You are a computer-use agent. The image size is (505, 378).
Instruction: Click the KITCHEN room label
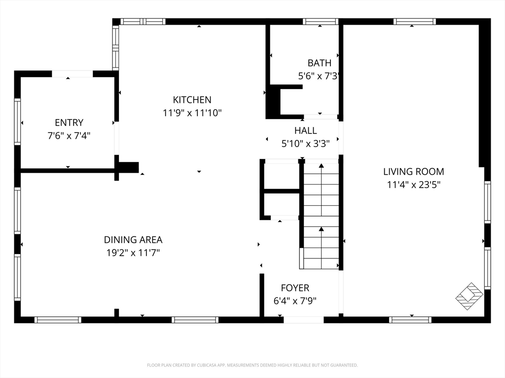192,99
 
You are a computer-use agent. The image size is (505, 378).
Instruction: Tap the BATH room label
320,63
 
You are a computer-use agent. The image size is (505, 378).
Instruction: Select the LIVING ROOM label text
414,172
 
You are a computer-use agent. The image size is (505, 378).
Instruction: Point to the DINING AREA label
133,240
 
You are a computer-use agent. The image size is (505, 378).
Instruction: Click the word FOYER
295,287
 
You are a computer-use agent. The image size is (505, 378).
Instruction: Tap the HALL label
305,130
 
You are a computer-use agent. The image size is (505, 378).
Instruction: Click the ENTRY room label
69,123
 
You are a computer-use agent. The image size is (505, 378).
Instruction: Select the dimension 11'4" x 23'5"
414,185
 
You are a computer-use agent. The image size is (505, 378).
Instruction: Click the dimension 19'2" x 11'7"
133,253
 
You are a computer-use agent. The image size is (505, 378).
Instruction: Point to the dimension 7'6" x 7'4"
69,136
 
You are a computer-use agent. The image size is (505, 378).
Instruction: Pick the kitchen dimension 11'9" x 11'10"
192,113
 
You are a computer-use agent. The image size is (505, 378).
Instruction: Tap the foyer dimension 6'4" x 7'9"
295,301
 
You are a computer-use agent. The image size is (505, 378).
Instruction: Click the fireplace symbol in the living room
469,296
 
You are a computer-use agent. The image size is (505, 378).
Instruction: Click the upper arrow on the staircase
322,189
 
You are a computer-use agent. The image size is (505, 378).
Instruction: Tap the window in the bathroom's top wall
321,22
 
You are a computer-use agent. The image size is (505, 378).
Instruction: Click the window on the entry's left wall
17,122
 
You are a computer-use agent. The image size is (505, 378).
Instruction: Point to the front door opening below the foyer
303,320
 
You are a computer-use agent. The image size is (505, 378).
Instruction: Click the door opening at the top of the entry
72,74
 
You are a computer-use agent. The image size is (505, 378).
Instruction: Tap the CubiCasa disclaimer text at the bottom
252,365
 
